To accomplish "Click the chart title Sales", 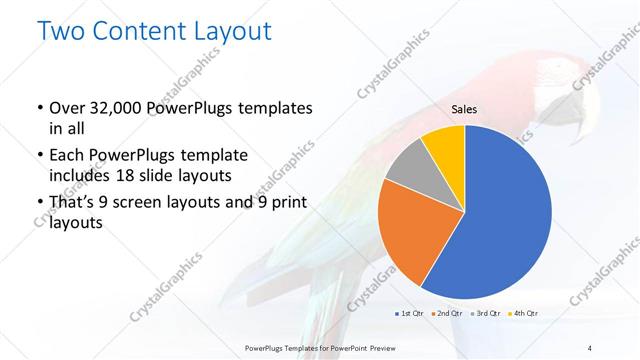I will (x=463, y=109).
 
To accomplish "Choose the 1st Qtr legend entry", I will (x=410, y=313).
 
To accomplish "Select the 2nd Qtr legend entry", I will (x=447, y=313).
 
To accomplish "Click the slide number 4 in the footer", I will (x=590, y=346).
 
